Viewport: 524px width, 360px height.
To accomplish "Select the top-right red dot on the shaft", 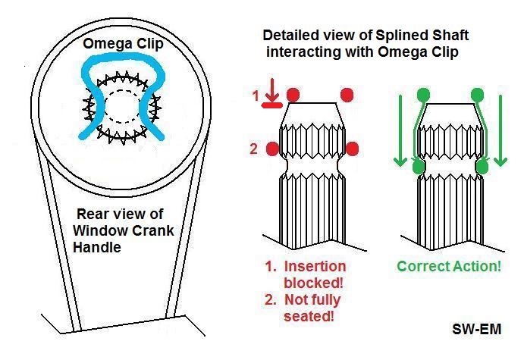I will (x=348, y=95).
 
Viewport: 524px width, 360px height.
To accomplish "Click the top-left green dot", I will (x=423, y=95).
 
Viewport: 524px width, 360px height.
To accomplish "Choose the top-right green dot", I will (x=478, y=95).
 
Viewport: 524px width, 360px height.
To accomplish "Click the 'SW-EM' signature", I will (x=474, y=330).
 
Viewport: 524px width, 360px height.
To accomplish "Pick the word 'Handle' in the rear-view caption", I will (x=98, y=247).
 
